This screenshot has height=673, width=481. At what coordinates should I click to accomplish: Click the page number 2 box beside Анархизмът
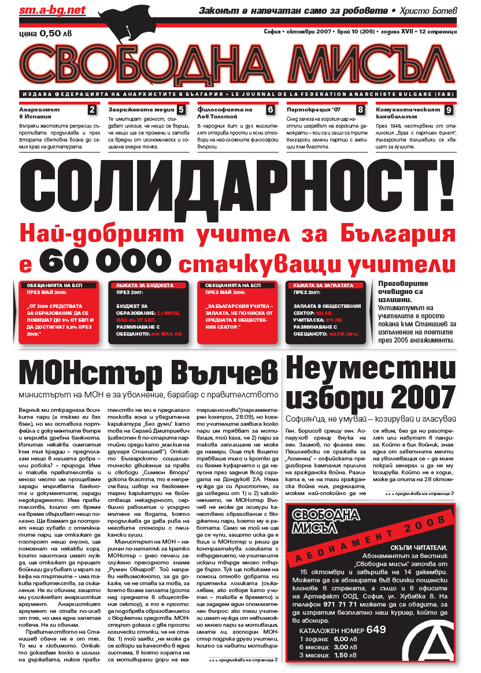click(91, 110)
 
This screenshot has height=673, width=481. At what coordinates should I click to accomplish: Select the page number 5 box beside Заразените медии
click(181, 110)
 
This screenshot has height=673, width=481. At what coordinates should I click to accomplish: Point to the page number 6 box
click(270, 110)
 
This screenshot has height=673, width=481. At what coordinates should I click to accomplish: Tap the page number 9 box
click(449, 110)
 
